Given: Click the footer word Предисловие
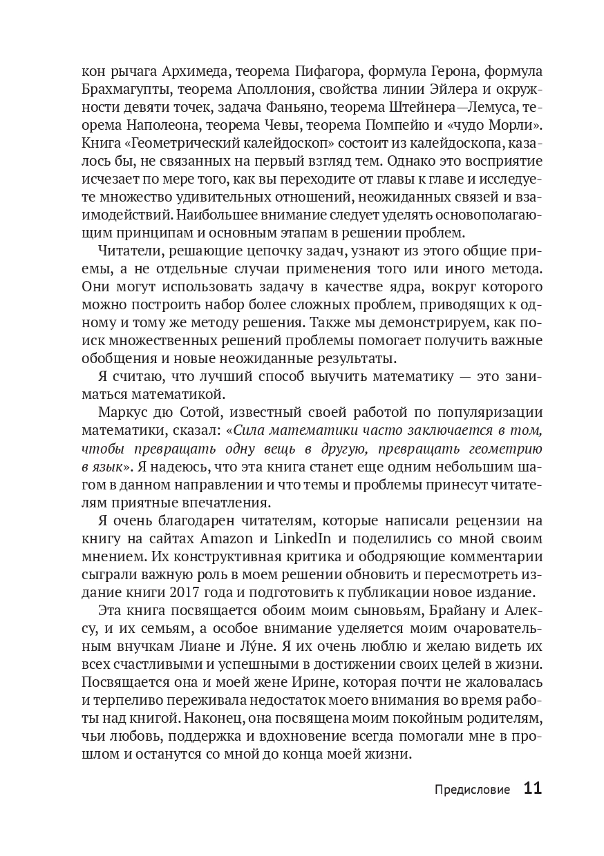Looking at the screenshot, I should (473, 789).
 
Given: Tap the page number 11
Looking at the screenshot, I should (532, 788).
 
